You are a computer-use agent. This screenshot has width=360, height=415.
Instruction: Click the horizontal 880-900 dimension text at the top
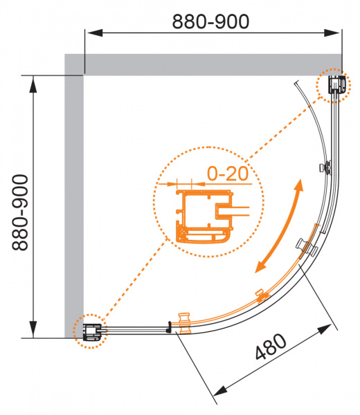pyautogui.click(x=210, y=21)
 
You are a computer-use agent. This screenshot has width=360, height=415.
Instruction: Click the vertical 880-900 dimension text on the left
pyautogui.click(x=20, y=212)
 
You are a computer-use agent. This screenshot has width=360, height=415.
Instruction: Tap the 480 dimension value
pyautogui.click(x=271, y=347)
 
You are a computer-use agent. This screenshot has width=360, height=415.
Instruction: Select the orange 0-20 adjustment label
pyautogui.click(x=228, y=174)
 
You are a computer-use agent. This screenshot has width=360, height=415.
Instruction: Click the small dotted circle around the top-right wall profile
pyautogui.click(x=334, y=85)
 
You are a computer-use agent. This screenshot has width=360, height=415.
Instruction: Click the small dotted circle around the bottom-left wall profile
pyautogui.click(x=90, y=331)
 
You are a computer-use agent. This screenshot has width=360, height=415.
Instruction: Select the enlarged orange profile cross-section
pyautogui.click(x=205, y=216)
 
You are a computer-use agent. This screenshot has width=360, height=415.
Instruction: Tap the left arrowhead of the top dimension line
pyautogui.click(x=94, y=33)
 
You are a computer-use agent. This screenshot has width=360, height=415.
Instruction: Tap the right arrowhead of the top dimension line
pyautogui.click(x=332, y=33)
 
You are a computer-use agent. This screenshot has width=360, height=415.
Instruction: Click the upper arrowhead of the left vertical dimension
pyautogui.click(x=33, y=84)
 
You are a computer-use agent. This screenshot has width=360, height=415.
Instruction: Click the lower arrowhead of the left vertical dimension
pyautogui.click(x=33, y=329)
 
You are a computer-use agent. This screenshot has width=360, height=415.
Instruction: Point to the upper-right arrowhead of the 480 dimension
pyautogui.click(x=325, y=329)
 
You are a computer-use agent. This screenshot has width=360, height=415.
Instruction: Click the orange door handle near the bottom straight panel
pyautogui.click(x=184, y=322)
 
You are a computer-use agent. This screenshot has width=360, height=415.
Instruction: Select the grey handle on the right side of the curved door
pyautogui.click(x=307, y=247)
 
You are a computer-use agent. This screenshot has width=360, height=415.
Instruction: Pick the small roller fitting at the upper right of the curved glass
pyautogui.click(x=325, y=168)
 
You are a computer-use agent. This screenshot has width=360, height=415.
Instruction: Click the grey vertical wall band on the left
pyautogui.click(x=74, y=196)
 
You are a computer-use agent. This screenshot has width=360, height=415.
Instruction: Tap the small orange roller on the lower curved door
pyautogui.click(x=261, y=296)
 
